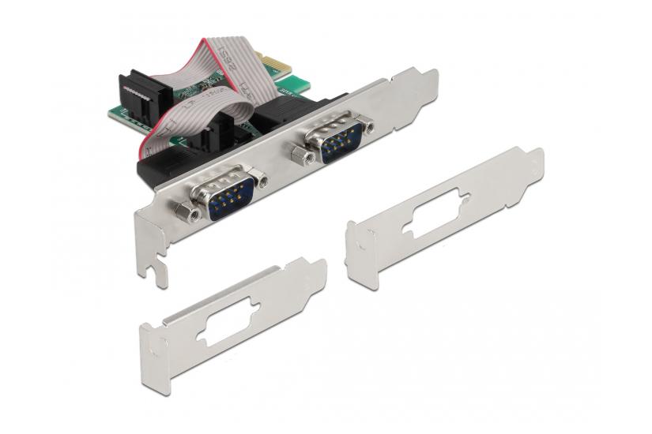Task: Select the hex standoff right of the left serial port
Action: pyautogui.click(x=260, y=180)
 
